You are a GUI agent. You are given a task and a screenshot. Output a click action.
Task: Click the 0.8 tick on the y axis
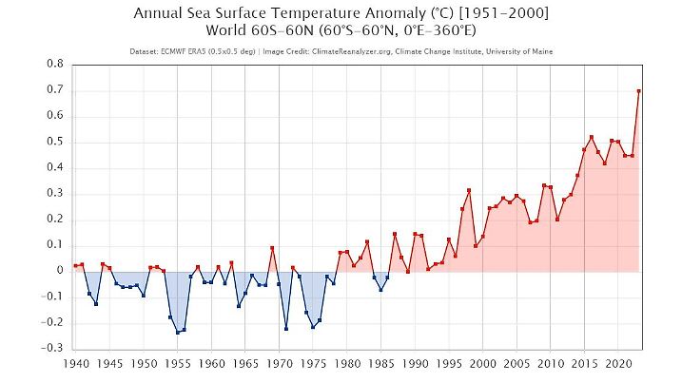[56, 64]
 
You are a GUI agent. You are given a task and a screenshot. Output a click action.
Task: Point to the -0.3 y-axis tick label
[53, 348]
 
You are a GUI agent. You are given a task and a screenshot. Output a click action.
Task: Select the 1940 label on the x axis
[76, 363]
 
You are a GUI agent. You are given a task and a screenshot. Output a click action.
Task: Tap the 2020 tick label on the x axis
[617, 363]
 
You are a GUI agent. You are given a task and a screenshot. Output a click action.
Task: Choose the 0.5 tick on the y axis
[56, 142]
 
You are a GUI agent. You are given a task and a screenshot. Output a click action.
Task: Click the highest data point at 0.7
[638, 91]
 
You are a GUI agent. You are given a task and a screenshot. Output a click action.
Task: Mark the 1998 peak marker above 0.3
[469, 190]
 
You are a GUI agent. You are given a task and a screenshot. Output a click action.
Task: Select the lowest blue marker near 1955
[177, 333]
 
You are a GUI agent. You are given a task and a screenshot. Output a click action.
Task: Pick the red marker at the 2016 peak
[591, 137]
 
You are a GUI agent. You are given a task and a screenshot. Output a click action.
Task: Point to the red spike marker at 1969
[272, 248]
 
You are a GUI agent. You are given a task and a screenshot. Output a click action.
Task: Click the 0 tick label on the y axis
[60, 270]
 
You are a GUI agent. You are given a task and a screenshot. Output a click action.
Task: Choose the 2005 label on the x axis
[516, 363]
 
